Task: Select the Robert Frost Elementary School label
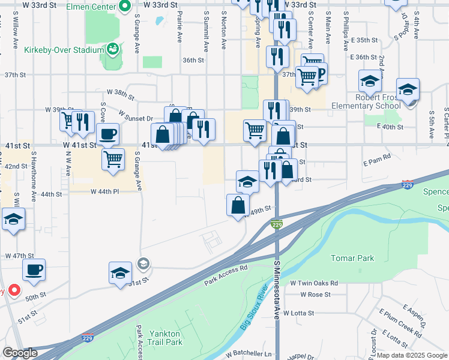coord(377,101)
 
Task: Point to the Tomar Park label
coord(352,258)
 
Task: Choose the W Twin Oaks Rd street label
coord(314,283)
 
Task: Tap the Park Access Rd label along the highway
coord(226,275)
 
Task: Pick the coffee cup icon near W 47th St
coord(34,270)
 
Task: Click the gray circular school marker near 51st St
coord(143,263)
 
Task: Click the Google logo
coord(20,353)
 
